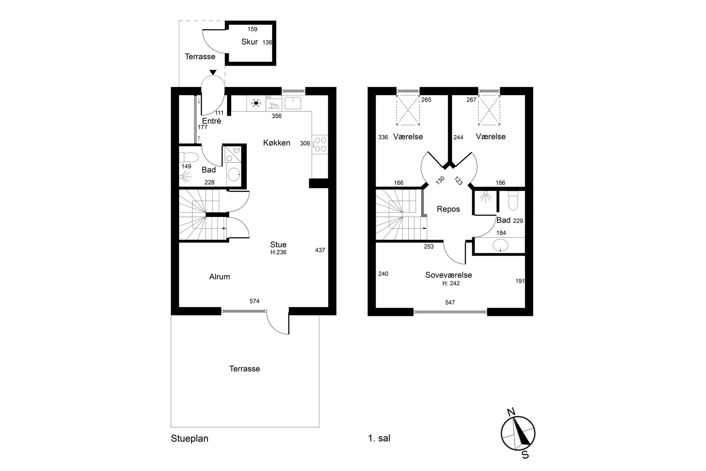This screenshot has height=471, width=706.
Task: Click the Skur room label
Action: click(x=249, y=42)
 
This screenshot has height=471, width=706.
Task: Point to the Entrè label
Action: click(x=212, y=121)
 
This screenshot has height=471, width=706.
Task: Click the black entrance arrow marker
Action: click(x=213, y=73)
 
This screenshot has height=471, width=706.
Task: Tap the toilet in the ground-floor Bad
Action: click(x=189, y=157)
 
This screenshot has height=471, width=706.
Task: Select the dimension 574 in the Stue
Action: click(x=254, y=301)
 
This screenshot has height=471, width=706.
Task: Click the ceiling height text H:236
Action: click(x=278, y=252)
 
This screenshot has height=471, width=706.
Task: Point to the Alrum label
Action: click(x=220, y=277)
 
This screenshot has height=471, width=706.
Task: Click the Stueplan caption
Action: click(x=190, y=438)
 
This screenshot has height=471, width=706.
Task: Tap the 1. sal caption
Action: click(x=379, y=438)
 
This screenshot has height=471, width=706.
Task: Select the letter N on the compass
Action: click(x=511, y=412)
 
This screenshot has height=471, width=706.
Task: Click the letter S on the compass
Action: click(x=525, y=455)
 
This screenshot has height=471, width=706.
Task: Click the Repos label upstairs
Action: click(x=448, y=209)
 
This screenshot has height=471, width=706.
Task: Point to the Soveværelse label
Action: click(x=449, y=275)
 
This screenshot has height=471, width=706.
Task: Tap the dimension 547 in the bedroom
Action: click(x=450, y=302)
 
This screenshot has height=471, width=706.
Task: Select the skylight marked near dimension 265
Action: click(x=408, y=110)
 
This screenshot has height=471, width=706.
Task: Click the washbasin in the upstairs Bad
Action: click(x=501, y=245)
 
